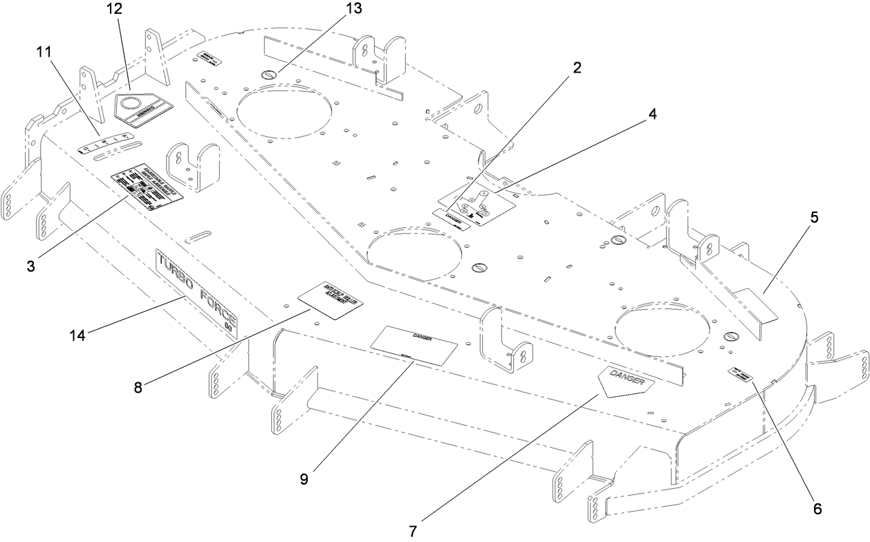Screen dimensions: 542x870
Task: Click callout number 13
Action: tap(357, 9)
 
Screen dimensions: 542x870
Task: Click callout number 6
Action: tap(817, 509)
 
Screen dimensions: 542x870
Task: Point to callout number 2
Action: tap(576, 68)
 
